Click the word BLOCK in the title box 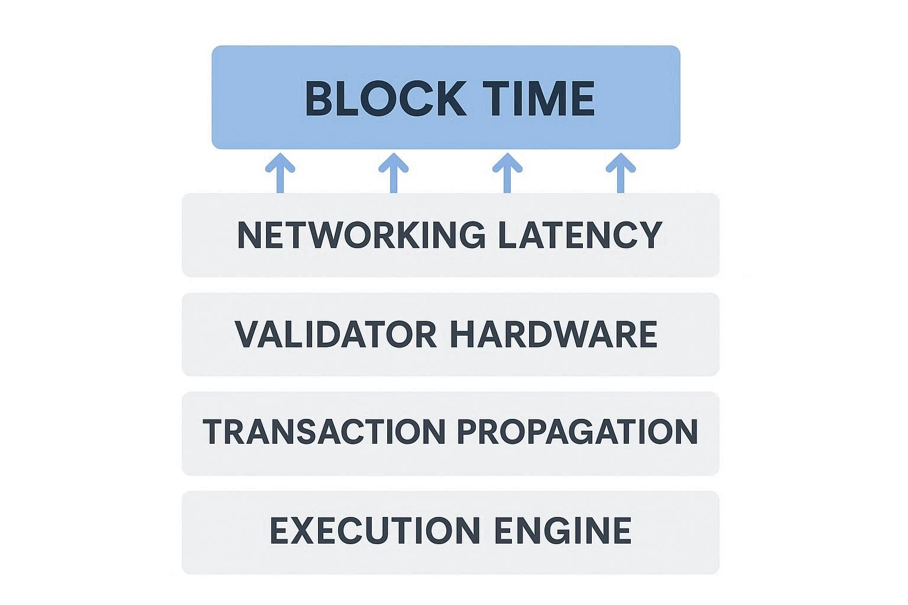pos(385,99)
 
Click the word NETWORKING pos(361,235)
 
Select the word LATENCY pos(579,235)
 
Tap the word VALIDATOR pos(335,334)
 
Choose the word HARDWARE pos(553,334)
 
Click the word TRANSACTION pos(323,431)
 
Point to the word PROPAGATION pos(578,431)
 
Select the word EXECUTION pos(375,530)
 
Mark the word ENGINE pos(562,530)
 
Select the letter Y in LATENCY pos(650,235)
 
